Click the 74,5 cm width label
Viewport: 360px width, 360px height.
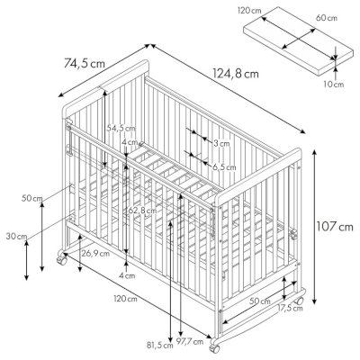[85, 64]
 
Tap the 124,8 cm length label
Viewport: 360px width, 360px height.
[236, 74]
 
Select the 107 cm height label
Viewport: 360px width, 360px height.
[335, 227]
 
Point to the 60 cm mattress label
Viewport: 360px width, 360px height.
[327, 18]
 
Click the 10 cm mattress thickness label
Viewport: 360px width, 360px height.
[334, 85]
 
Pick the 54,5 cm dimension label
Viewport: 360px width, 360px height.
[121, 129]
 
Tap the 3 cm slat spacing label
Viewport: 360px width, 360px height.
[221, 143]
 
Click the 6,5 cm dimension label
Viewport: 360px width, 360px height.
[224, 167]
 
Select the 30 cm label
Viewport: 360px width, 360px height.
[16, 236]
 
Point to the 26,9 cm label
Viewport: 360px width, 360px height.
[95, 254]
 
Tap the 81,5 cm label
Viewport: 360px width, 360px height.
[160, 345]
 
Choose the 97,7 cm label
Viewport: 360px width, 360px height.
[190, 341]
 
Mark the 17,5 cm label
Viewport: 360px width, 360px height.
[290, 308]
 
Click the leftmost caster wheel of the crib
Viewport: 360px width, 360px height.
[62, 259]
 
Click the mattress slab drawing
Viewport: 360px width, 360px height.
[298, 40]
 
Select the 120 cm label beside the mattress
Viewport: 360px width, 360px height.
[249, 11]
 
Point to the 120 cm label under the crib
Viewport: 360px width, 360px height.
[125, 299]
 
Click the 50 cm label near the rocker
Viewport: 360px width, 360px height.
[260, 301]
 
